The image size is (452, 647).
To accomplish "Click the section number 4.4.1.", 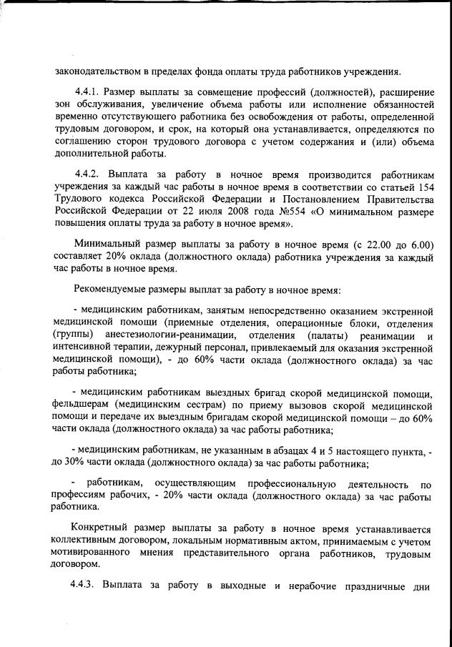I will [x=89, y=92].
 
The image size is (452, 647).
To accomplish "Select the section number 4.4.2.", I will [x=89, y=174].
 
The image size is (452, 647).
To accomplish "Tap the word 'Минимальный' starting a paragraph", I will [x=107, y=245].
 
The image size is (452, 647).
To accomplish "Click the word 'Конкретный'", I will [x=100, y=529].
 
